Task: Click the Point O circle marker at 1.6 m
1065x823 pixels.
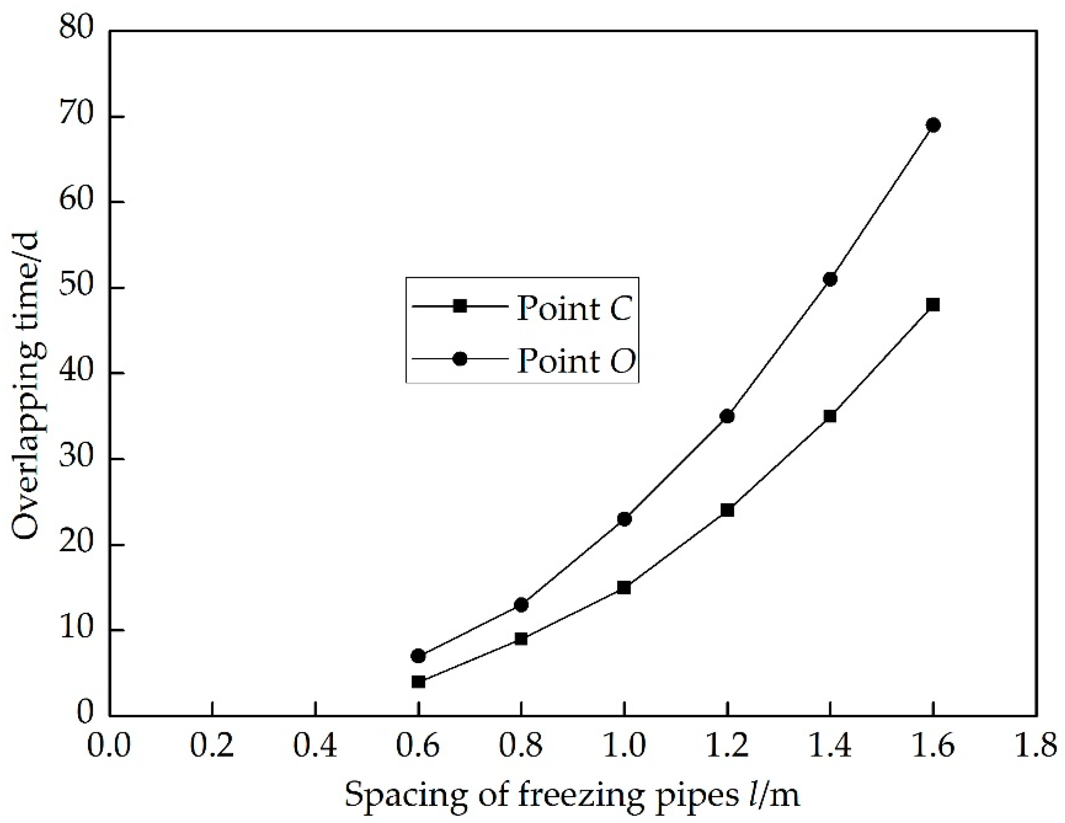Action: pyautogui.click(x=933, y=126)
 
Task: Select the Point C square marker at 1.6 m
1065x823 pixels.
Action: pyautogui.click(x=933, y=305)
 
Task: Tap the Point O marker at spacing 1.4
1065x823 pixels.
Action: pyautogui.click(x=830, y=279)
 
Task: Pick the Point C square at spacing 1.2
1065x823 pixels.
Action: pyautogui.click(x=727, y=511)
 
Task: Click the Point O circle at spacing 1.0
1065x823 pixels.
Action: pyautogui.click(x=624, y=519)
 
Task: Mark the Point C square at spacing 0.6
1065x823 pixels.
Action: pyautogui.click(x=418, y=682)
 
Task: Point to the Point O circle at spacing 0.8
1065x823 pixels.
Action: pyautogui.click(x=521, y=604)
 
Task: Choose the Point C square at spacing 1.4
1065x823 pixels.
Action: pyautogui.click(x=830, y=416)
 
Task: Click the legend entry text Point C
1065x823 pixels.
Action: pyautogui.click(x=575, y=309)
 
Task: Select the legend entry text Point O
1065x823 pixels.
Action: pyautogui.click(x=576, y=361)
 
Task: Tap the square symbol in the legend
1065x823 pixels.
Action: pyautogui.click(x=460, y=306)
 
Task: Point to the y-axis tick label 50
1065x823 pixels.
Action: pyautogui.click(x=75, y=288)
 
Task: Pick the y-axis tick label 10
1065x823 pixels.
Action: pyautogui.click(x=75, y=630)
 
